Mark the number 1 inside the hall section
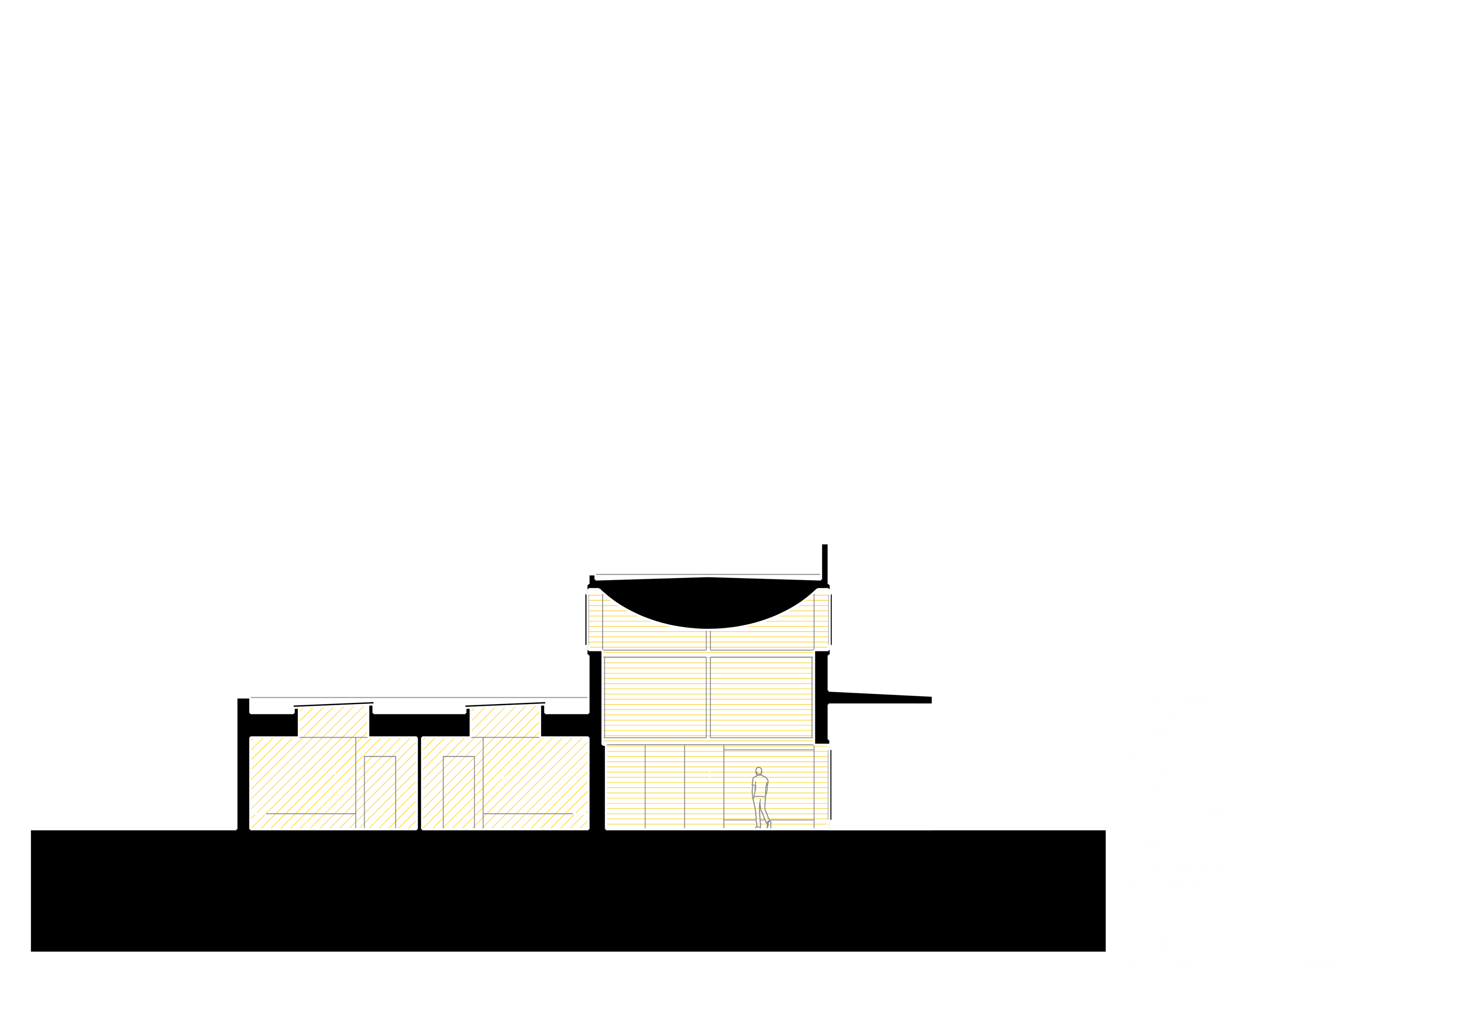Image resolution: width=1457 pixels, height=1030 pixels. tap(709, 776)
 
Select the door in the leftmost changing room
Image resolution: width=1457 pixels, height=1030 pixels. tap(380, 791)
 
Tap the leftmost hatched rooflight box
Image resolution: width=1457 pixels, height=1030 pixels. tap(333, 722)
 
